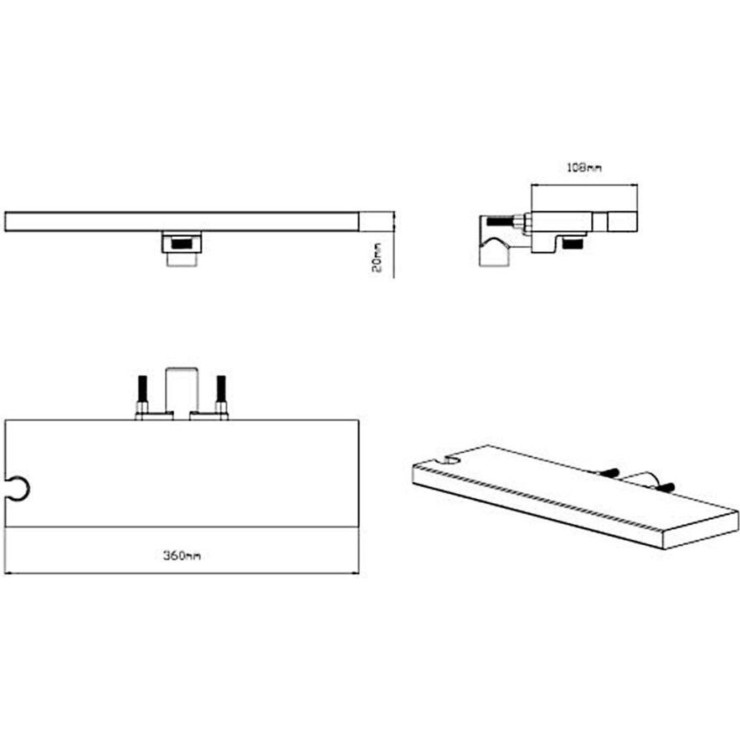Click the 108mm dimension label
point(584,168)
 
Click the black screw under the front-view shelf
point(182,245)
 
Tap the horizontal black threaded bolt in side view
point(501,223)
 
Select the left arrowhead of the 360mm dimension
point(8,573)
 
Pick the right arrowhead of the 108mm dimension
point(635,187)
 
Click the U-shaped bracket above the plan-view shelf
point(182,386)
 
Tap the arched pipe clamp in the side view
point(496,249)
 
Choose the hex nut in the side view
point(522,223)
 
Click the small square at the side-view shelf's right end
point(623,221)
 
